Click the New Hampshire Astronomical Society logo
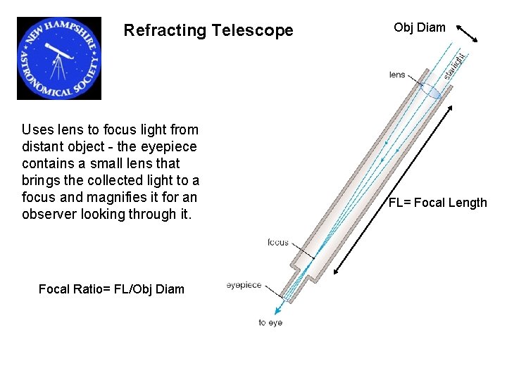[59, 58]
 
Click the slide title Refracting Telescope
[208, 31]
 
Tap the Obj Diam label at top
[420, 27]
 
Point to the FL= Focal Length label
[438, 203]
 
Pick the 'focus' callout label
[277, 243]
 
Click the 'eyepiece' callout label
[244, 285]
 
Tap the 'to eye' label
[270, 323]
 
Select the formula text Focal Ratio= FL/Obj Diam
[111, 289]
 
